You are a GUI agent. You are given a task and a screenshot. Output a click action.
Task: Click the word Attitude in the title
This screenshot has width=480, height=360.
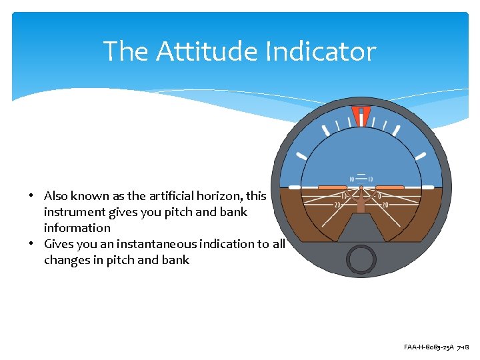(207, 51)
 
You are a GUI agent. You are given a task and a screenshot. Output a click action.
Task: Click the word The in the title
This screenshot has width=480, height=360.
(126, 51)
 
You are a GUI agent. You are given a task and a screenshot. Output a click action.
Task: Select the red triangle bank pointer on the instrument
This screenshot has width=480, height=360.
(361, 115)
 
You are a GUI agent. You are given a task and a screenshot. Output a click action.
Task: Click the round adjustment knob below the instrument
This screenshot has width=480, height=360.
(361, 258)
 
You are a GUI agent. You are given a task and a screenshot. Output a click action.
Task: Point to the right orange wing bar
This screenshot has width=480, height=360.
(389, 188)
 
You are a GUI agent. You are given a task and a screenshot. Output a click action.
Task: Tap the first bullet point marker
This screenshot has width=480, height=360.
(31, 197)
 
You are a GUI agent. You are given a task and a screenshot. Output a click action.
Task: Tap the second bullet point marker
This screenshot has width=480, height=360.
(31, 245)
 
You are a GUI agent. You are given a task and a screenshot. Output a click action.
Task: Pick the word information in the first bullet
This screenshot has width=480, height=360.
(77, 228)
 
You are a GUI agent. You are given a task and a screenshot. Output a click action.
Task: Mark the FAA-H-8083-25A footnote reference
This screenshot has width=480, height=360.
(429, 347)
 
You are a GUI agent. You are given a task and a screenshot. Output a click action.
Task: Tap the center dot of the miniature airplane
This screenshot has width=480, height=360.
(361, 187)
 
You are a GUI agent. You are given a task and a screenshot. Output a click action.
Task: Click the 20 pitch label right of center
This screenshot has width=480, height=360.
(385, 205)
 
